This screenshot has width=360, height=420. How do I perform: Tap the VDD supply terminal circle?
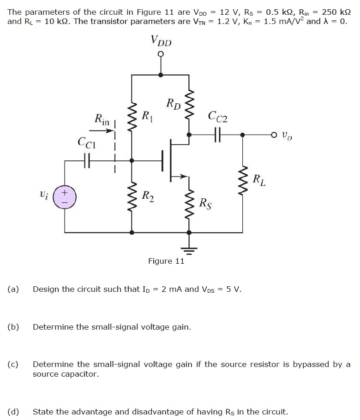click(x=161, y=55)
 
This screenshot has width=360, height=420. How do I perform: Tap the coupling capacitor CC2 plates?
click(x=217, y=135)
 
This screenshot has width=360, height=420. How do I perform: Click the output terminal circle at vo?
click(x=274, y=135)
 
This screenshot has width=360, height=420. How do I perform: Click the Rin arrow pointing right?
click(x=106, y=131)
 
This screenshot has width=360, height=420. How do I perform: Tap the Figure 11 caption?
click(x=166, y=261)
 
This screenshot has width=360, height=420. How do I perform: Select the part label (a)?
click(x=13, y=289)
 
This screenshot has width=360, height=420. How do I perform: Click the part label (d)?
click(x=13, y=412)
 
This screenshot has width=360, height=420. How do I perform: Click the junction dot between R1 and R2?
click(x=132, y=160)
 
